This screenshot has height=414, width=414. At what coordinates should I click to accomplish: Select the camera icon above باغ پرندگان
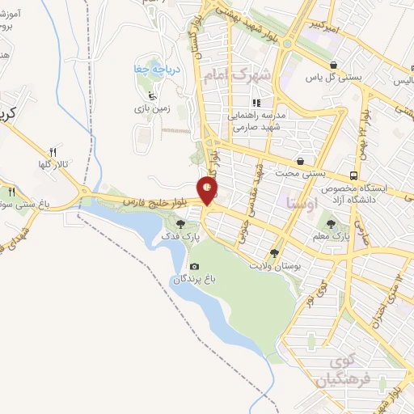193,266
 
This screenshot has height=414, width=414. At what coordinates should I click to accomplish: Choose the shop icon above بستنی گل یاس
332,65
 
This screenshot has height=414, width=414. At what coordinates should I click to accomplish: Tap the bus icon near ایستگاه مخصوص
354,175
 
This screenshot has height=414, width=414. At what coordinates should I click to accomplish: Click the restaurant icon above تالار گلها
53,151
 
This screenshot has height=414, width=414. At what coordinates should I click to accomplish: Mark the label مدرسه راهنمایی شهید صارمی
257,121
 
